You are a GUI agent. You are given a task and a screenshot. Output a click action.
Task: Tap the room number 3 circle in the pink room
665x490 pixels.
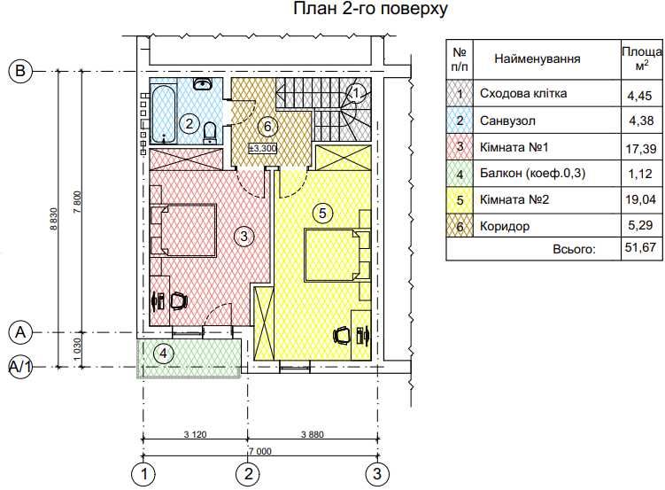[244, 236]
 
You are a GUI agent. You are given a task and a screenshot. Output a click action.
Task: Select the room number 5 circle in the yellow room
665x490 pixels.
[322, 213]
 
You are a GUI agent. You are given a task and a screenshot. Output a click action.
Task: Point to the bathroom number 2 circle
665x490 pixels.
[188, 124]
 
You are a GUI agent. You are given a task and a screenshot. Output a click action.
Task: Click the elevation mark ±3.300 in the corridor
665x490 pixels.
[263, 148]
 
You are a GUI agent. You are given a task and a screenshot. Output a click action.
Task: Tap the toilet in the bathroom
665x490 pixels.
[210, 132]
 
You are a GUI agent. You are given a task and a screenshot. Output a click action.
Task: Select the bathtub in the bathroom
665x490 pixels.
[162, 112]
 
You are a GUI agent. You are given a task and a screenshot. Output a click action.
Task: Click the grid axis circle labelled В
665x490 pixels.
[20, 72]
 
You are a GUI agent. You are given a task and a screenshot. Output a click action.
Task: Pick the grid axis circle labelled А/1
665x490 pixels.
[20, 366]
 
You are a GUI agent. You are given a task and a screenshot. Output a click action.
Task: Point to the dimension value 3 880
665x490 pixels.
[313, 433]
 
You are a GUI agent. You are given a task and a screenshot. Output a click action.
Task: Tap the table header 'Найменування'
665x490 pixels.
[537, 59]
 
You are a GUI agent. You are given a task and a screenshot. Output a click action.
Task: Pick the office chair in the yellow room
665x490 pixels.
[342, 335]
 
